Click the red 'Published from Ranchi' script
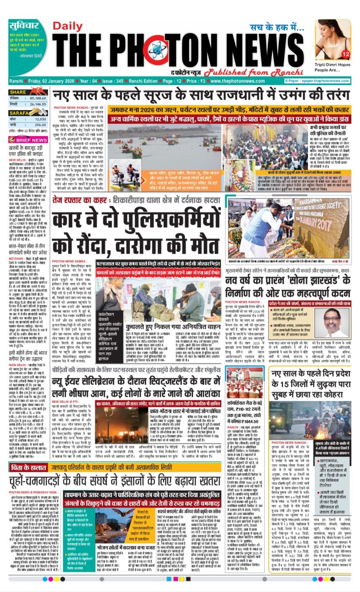coord(240,71)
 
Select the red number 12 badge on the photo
coord(345,54)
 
